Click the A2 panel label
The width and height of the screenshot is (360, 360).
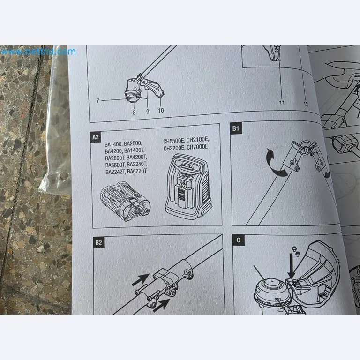[96, 137]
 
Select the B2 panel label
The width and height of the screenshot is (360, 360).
[98, 242]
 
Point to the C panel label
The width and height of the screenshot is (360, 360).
[239, 240]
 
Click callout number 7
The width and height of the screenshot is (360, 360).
[97, 100]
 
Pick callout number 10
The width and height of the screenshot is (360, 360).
[161, 111]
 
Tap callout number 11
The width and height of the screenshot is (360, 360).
[282, 103]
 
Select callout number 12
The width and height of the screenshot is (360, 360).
[306, 104]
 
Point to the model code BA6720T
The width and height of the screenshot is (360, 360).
[135, 172]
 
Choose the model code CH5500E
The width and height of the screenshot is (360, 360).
[175, 141]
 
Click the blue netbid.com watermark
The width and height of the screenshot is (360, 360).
[38, 52]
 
